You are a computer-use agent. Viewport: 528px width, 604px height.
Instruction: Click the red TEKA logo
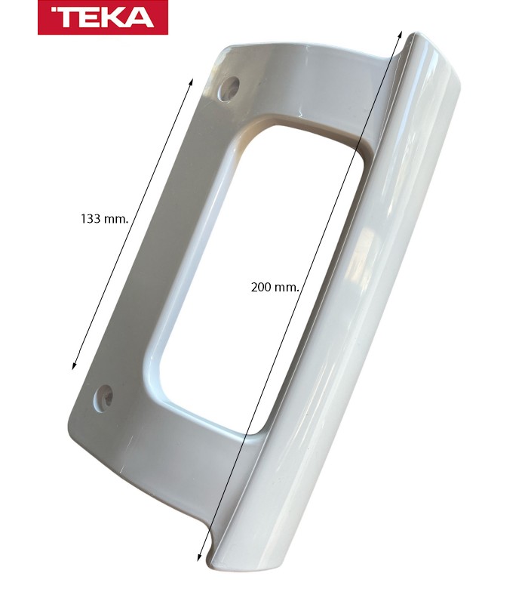(103, 17)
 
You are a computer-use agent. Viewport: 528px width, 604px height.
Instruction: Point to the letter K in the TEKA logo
(114, 17)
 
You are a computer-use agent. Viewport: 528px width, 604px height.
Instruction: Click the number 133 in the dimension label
(92, 219)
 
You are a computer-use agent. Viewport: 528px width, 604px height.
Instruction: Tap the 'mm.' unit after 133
(116, 219)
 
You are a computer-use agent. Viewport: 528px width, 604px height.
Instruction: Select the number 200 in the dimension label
(262, 288)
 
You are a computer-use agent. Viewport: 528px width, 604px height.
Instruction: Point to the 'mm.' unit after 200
(287, 288)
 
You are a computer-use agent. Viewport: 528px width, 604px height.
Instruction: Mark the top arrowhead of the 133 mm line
(192, 79)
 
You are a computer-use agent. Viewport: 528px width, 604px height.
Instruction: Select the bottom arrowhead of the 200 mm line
(198, 557)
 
